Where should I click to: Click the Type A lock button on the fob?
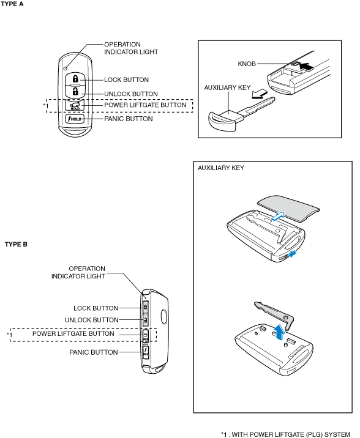pyautogui.click(x=75, y=78)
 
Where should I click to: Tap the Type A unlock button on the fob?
pyautogui.click(x=75, y=91)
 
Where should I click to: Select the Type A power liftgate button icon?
pyautogui.click(x=75, y=105)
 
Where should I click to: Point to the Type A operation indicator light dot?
pyautogui.click(x=66, y=69)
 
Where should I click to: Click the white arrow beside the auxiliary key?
pyautogui.click(x=260, y=94)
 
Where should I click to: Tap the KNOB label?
pyautogui.click(x=247, y=64)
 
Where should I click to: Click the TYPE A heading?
pyautogui.click(x=12, y=4)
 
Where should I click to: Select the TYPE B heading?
pyautogui.click(x=16, y=245)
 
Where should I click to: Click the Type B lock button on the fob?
pyautogui.click(x=145, y=307)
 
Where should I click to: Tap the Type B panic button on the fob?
pyautogui.click(x=146, y=352)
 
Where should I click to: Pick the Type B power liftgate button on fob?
pyautogui.click(x=146, y=335)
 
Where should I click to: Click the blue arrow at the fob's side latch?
pyautogui.click(x=293, y=254)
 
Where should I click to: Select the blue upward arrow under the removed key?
pyautogui.click(x=279, y=332)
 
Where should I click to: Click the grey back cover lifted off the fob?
pyautogui.click(x=288, y=209)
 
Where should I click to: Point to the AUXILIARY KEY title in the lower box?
pyautogui.click(x=221, y=168)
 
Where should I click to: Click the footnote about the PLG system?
pyautogui.click(x=285, y=434)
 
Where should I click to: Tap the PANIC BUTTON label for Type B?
pyautogui.click(x=94, y=352)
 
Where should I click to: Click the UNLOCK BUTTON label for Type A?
pyautogui.click(x=131, y=94)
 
